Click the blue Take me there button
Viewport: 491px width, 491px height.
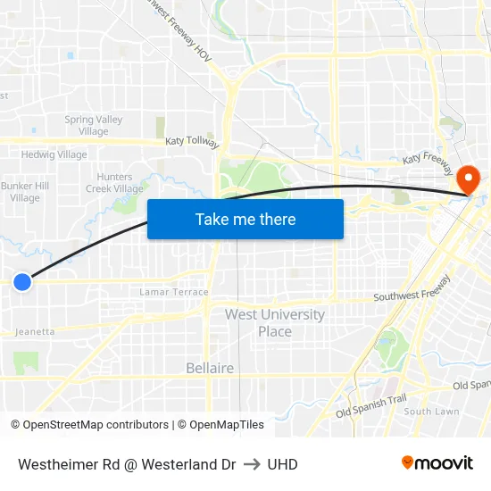[x=245, y=219]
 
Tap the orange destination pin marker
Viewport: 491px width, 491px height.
[x=467, y=179]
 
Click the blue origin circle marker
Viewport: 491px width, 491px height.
[x=22, y=282]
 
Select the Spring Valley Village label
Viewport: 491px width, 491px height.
[x=93, y=125]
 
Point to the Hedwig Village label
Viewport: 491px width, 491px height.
[x=54, y=154]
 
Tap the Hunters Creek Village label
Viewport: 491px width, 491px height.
[x=114, y=183]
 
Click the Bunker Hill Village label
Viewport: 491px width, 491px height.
[x=24, y=192]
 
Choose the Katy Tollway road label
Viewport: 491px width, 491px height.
[x=192, y=141]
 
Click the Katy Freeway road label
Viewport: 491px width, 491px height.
[x=428, y=158]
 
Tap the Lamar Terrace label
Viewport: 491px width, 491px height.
[x=174, y=292]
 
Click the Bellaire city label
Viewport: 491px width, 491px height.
[x=210, y=368]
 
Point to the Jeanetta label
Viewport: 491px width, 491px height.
[x=35, y=332]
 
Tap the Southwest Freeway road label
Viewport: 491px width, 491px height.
[x=412, y=295]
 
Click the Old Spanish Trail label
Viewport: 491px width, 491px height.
[x=370, y=408]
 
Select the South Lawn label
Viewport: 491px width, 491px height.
[x=431, y=412]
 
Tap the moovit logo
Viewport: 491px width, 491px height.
[x=437, y=462]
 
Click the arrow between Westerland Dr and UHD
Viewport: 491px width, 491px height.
[x=251, y=464]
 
